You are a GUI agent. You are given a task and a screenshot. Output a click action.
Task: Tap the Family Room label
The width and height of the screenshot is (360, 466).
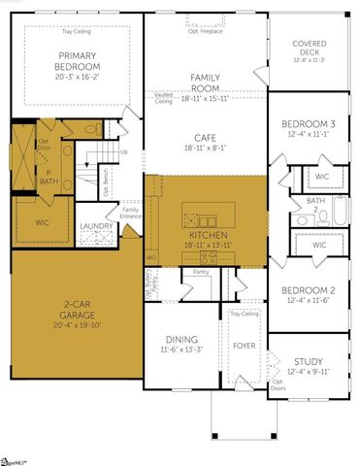coord(205,82)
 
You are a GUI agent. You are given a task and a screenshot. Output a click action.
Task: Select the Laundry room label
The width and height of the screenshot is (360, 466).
coord(96,226)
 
